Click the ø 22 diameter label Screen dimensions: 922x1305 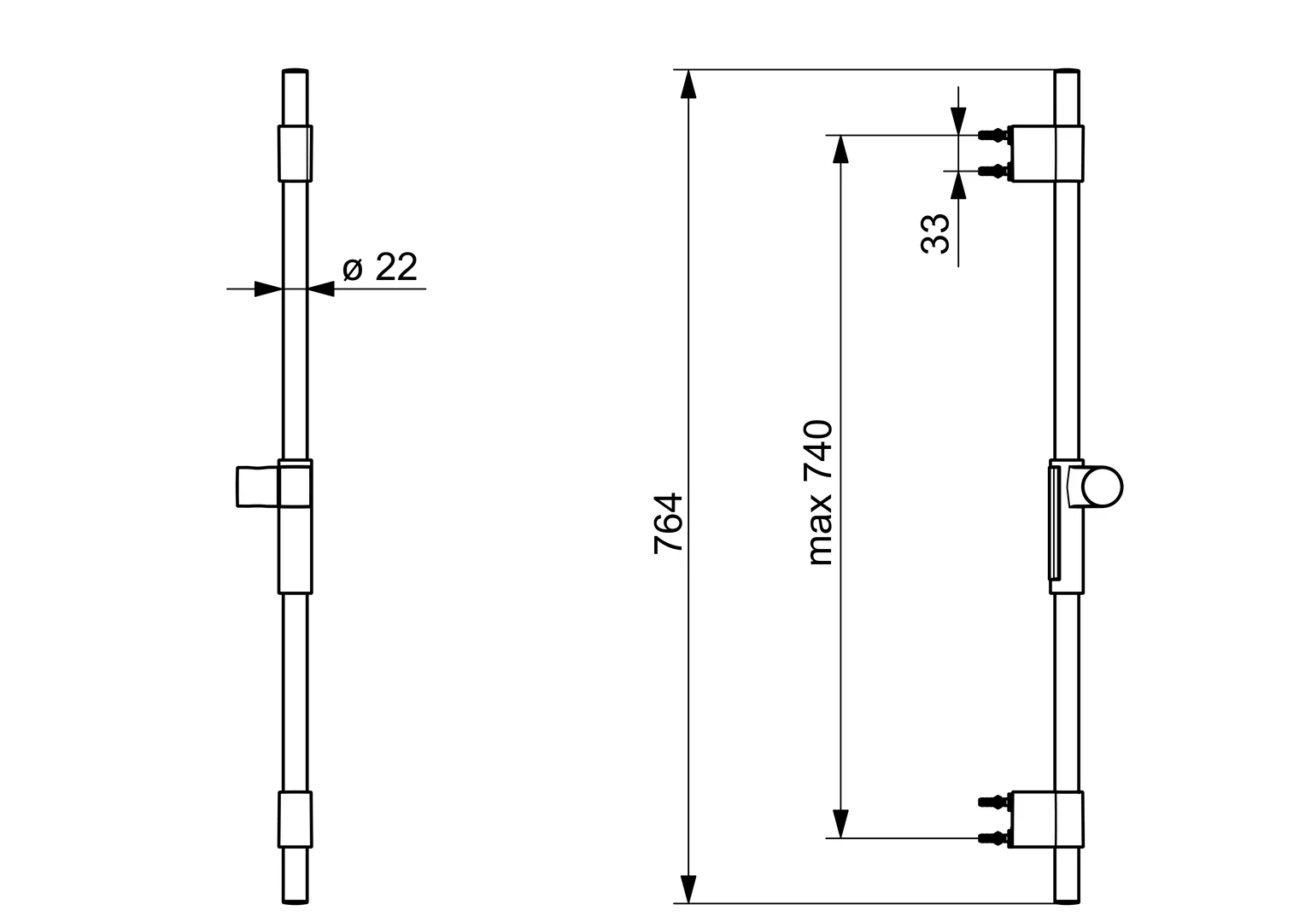point(379,268)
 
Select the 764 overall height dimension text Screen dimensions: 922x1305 point(669,522)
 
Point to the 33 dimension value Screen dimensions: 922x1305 point(936,233)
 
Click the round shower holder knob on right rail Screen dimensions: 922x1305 point(1102,487)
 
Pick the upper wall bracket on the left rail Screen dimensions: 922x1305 point(295,154)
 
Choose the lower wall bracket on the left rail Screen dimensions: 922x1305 point(295,820)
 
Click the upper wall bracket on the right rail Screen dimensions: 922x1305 point(1046,154)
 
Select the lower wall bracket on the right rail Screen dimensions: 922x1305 point(1046,820)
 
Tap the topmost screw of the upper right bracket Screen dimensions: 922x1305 point(992,135)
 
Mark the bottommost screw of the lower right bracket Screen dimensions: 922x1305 point(992,837)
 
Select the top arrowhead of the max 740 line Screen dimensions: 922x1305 point(841,149)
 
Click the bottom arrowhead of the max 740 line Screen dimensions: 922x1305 point(841,824)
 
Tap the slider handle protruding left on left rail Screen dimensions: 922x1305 point(257,487)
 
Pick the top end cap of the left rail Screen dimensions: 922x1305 point(295,72)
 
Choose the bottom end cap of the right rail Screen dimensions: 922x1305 point(1068,899)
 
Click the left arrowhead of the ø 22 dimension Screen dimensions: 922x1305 point(268,289)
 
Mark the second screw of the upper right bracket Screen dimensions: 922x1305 point(992,172)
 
